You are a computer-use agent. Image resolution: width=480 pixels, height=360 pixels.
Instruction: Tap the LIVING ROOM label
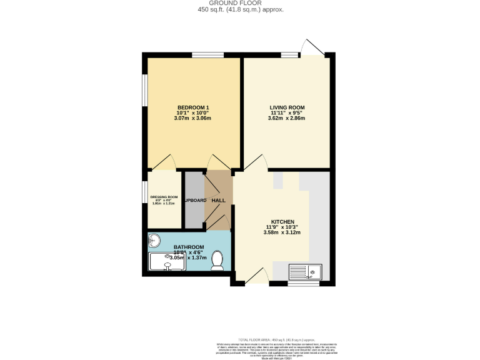[x=286, y=107]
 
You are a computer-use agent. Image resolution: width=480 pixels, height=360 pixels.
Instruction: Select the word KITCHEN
[x=282, y=221]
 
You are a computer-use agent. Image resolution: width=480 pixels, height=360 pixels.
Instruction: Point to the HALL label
[x=219, y=200]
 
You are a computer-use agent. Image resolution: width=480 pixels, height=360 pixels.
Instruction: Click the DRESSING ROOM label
[x=164, y=197]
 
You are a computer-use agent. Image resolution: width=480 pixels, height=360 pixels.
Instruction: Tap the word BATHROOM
[x=189, y=247]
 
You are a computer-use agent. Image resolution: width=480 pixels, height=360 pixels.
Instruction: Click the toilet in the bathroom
[x=217, y=259]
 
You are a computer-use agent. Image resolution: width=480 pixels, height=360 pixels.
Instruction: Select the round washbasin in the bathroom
[x=155, y=240]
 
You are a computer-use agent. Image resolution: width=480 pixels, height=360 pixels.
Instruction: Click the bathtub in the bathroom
[x=167, y=262]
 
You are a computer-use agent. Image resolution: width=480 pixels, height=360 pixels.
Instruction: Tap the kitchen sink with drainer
[x=305, y=272]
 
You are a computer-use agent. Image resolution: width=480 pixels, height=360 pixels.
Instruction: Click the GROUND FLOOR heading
[x=239, y=3]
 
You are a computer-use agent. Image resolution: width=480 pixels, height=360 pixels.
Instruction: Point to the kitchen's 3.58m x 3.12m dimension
[x=282, y=232]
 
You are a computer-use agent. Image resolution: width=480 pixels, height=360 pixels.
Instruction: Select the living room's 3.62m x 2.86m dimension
[x=286, y=118]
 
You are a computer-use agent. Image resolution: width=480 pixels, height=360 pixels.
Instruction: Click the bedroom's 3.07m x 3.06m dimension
[x=192, y=118]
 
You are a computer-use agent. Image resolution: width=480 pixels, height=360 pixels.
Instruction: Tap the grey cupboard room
[x=194, y=200]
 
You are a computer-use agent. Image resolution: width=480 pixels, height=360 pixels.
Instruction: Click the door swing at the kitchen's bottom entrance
[x=257, y=276]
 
